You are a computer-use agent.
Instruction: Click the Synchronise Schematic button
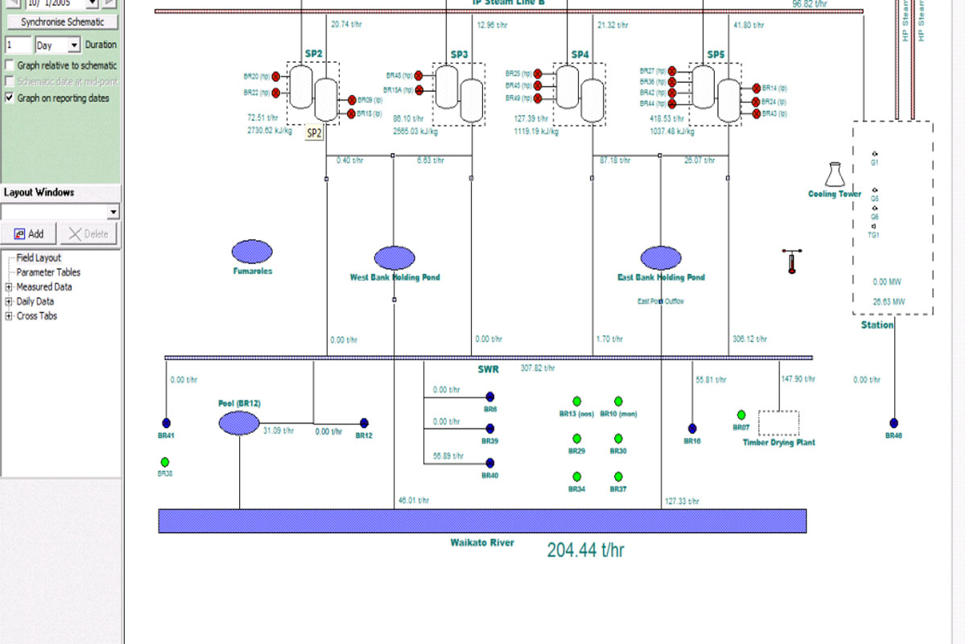(x=62, y=22)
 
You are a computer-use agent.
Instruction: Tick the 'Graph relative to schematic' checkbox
(x=10, y=65)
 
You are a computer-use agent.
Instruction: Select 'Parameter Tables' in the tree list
(x=48, y=272)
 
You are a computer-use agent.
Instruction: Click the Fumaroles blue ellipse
(x=252, y=252)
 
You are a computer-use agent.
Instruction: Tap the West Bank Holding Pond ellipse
(x=394, y=258)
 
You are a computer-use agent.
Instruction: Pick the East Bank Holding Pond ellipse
(x=661, y=258)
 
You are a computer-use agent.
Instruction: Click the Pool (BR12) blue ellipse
(x=239, y=422)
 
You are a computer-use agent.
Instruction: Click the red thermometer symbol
(x=791, y=262)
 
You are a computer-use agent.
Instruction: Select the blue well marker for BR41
(x=167, y=423)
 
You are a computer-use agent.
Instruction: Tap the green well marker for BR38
(x=165, y=462)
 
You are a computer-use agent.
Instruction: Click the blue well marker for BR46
(x=894, y=423)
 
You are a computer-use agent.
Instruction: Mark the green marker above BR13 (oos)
(x=576, y=401)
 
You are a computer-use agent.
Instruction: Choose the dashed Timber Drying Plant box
(x=778, y=423)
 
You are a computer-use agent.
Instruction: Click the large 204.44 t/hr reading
(x=585, y=551)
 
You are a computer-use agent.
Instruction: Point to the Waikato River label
(x=481, y=543)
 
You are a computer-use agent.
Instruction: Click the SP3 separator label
(x=459, y=55)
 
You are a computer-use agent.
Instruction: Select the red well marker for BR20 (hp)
(x=275, y=76)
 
